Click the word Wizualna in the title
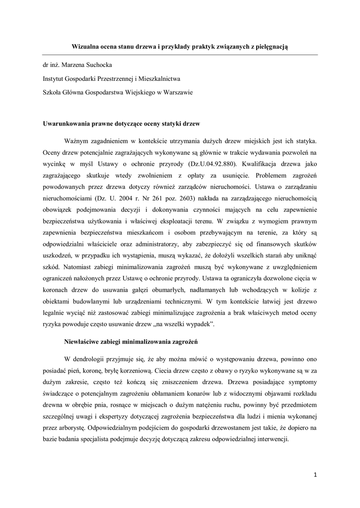[x=85, y=46]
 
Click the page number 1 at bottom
[x=315, y=475]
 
